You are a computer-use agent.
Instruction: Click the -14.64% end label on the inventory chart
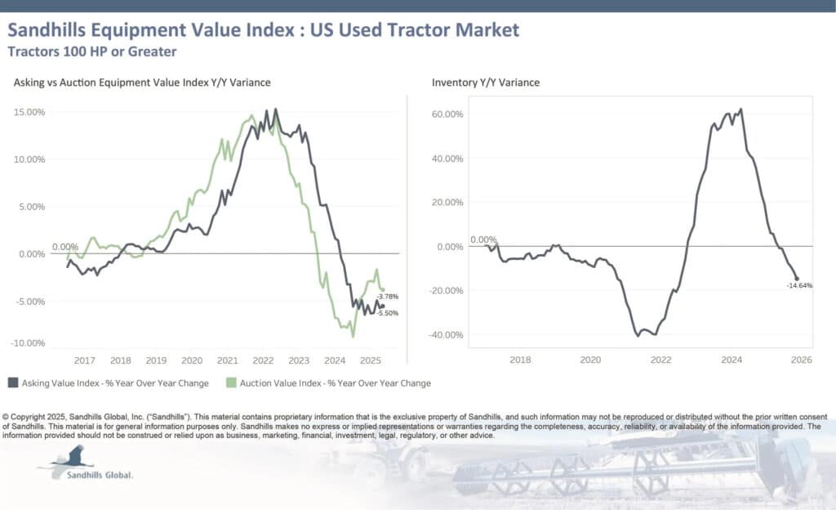coord(799,285)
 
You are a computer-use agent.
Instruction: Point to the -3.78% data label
coord(387,297)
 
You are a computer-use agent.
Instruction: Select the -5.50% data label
coord(387,313)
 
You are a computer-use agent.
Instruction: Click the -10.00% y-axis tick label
coord(28,343)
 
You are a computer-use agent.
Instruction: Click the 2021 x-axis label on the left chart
coord(228,360)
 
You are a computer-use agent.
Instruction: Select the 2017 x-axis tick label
coord(85,360)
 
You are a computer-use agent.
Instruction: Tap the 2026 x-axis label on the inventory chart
coord(801,359)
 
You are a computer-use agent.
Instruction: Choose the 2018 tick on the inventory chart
coord(519,359)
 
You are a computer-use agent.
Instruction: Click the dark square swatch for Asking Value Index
coord(13,382)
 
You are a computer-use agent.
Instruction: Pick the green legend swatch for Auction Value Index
coord(231,382)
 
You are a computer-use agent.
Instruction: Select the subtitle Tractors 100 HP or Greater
coord(91,51)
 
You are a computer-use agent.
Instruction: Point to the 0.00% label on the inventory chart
coord(483,240)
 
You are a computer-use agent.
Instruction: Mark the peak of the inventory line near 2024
coord(740,109)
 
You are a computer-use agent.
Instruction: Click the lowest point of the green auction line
coord(353,336)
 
